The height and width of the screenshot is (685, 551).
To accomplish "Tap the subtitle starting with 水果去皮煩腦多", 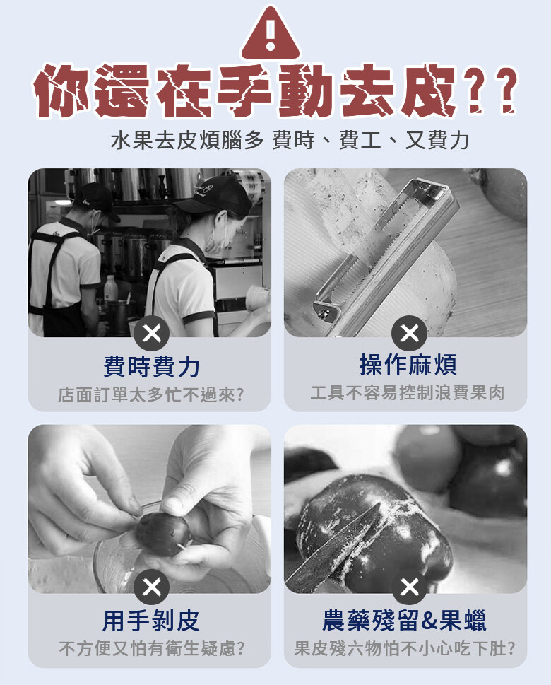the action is [290, 141].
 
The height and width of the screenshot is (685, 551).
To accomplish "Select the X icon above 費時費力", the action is [151, 334].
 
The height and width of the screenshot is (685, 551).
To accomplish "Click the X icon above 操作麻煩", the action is [409, 334].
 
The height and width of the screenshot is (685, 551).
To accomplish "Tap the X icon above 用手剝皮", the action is [151, 587].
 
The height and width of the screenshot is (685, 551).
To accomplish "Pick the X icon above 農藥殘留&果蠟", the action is [409, 587].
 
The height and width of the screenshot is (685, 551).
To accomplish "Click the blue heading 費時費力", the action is [151, 366].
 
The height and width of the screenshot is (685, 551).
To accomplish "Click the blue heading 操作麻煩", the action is [408, 365].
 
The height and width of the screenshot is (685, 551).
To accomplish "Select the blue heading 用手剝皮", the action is [150, 621].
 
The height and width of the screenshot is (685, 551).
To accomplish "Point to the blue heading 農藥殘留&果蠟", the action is [404, 621].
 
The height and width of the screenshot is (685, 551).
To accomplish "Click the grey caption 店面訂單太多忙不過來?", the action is [151, 394].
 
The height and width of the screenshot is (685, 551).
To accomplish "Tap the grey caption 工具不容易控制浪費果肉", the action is [408, 393].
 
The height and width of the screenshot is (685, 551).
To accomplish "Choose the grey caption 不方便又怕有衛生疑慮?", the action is [151, 648].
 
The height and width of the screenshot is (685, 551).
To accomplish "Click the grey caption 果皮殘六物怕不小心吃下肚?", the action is [405, 648].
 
